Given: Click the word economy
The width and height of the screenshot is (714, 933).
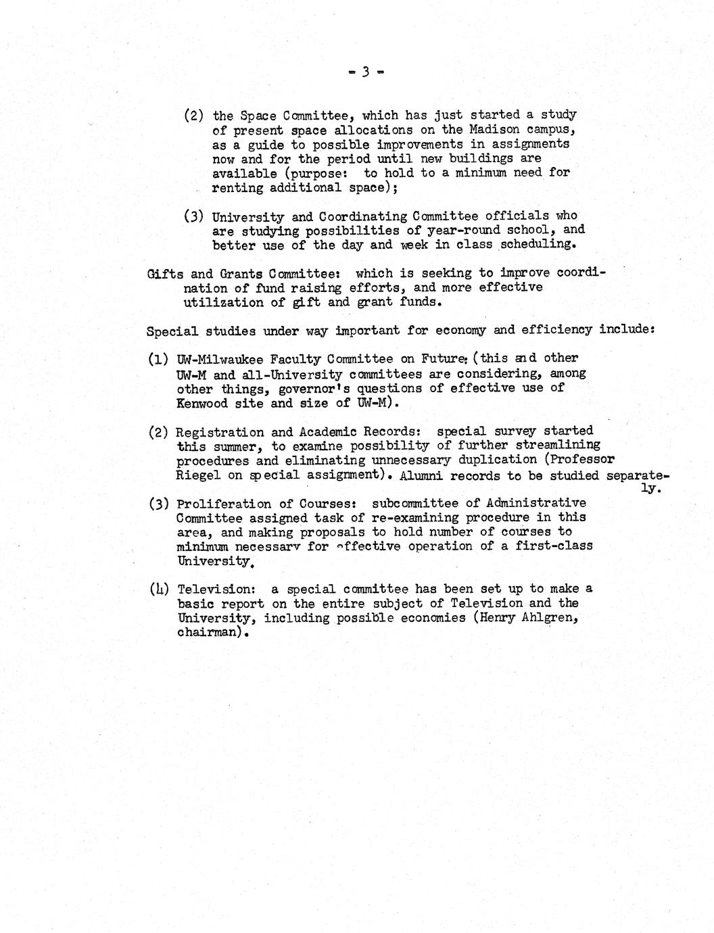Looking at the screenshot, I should [460, 331].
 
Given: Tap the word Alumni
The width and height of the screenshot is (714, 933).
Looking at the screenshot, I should [420, 475].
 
